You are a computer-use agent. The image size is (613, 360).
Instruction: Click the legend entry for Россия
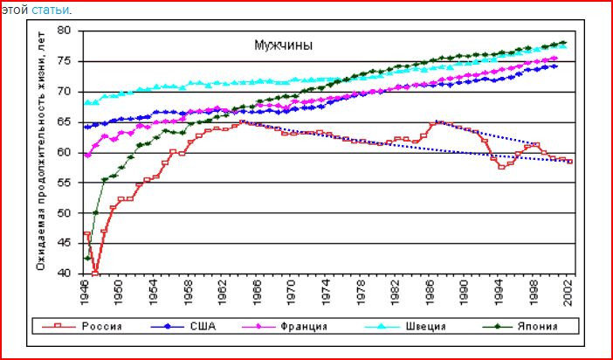101,327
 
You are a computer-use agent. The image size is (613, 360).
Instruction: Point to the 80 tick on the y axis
64,31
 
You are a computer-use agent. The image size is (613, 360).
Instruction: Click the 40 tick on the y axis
64,273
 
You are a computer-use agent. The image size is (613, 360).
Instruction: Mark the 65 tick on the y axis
64,121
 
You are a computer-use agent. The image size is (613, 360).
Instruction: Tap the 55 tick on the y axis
64,183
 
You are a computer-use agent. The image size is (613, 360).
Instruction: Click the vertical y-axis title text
40,153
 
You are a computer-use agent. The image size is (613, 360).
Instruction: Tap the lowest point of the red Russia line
95,273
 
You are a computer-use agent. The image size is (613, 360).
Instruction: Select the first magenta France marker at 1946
86,155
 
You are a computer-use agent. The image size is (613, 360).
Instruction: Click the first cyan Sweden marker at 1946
86,103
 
